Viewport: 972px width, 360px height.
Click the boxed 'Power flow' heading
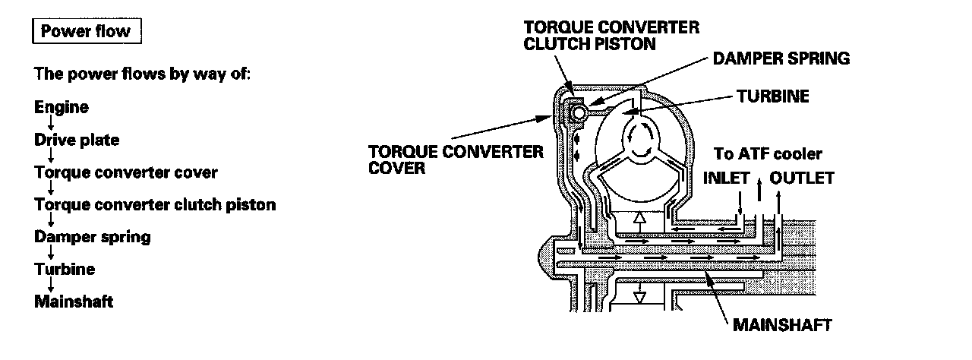pyautogui.click(x=86, y=32)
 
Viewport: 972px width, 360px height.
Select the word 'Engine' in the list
pyautogui.click(x=62, y=107)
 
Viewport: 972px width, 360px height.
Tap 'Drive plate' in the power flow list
pyautogui.click(x=77, y=140)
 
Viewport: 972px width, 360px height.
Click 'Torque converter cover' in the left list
pyautogui.click(x=126, y=172)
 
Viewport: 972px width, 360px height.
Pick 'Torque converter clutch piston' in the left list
pyautogui.click(x=155, y=205)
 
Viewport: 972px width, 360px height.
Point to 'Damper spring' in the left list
pyautogui.click(x=93, y=237)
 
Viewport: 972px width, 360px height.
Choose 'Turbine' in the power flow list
pyautogui.click(x=65, y=269)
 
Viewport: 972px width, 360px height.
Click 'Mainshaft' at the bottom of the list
pyautogui.click(x=74, y=302)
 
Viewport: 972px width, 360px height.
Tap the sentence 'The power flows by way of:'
pyautogui.click(x=142, y=74)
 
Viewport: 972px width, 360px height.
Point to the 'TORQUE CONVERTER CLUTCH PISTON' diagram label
pyautogui.click(x=611, y=35)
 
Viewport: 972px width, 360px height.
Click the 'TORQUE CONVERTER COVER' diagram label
pyautogui.click(x=456, y=159)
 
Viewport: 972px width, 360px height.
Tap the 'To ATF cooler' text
pyautogui.click(x=768, y=154)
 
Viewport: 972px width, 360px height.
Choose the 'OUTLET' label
pyautogui.click(x=802, y=178)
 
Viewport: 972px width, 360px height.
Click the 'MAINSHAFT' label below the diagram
pyautogui.click(x=782, y=325)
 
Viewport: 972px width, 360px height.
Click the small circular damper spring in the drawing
pyautogui.click(x=579, y=112)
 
